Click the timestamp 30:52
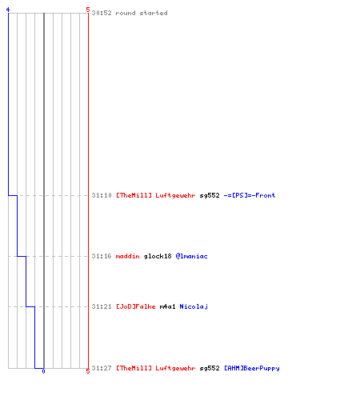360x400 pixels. click(x=102, y=13)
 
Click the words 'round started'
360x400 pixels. click(x=142, y=13)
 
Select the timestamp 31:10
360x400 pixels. click(x=102, y=195)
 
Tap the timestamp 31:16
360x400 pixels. click(x=102, y=256)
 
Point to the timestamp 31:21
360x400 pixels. click(x=102, y=306)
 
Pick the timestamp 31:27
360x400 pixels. click(x=102, y=368)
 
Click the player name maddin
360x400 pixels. click(x=127, y=256)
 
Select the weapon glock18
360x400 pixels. click(x=158, y=256)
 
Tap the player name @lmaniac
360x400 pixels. click(x=191, y=256)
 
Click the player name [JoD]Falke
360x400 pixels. click(x=136, y=306)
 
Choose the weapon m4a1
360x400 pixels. click(x=167, y=306)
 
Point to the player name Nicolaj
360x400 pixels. click(x=194, y=306)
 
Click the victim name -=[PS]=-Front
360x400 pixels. click(x=250, y=195)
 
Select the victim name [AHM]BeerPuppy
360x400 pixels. click(x=252, y=368)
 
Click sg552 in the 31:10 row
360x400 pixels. click(x=210, y=195)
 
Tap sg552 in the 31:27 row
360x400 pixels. click(x=210, y=368)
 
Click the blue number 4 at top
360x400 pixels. click(x=8, y=10)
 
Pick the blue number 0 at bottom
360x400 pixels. click(x=43, y=371)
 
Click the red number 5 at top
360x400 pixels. click(x=88, y=10)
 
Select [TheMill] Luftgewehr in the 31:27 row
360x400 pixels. click(x=155, y=368)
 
